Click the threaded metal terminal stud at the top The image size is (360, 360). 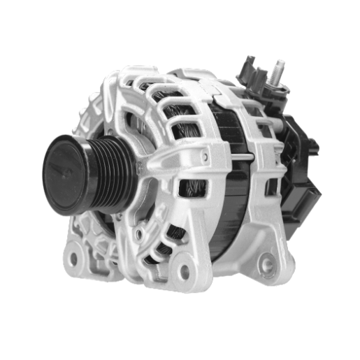[x=279, y=69]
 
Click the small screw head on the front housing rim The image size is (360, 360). [x=203, y=157]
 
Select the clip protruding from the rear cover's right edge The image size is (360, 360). [x=314, y=147]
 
